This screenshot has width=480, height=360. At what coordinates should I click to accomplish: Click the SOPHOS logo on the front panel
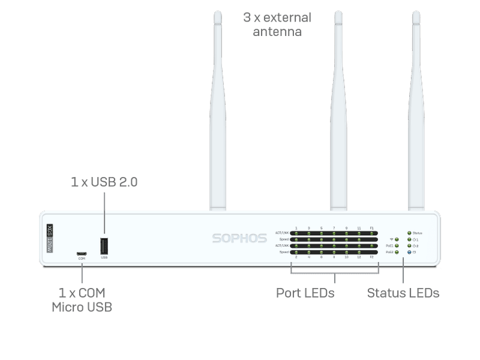239,238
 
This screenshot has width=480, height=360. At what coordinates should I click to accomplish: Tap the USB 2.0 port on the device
104,245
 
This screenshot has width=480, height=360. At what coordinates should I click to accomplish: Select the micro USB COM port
81,253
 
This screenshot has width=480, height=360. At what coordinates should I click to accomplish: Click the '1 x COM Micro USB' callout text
82,300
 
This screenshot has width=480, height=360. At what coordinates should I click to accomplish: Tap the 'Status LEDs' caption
403,293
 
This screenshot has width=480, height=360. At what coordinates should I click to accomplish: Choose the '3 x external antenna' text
277,24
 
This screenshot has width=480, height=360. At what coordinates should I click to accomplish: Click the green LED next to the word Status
410,232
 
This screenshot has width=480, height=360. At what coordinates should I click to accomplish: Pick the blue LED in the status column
410,253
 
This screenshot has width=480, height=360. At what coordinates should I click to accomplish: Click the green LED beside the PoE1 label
397,246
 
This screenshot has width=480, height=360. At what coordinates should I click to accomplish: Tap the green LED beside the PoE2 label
397,253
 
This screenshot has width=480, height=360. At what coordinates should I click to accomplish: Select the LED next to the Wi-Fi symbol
397,239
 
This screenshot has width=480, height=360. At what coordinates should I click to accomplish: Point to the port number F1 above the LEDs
371,229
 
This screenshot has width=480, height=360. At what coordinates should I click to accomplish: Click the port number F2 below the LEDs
371,257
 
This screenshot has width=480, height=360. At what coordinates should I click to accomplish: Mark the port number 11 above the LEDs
359,229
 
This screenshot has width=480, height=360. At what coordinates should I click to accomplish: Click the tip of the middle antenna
338,13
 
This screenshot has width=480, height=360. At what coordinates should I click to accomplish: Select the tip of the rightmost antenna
416,13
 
